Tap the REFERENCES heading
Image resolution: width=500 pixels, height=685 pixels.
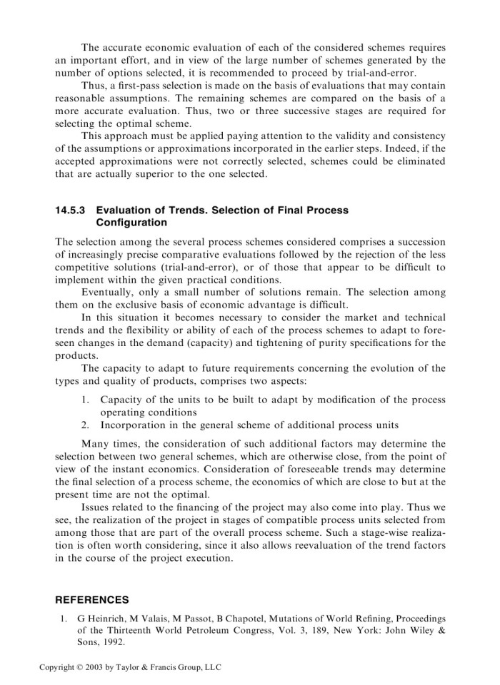[92, 600]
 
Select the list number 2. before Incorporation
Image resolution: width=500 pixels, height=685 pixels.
[85, 426]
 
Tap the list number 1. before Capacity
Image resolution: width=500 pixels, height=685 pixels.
[85, 400]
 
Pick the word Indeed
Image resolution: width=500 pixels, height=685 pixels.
[409, 148]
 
